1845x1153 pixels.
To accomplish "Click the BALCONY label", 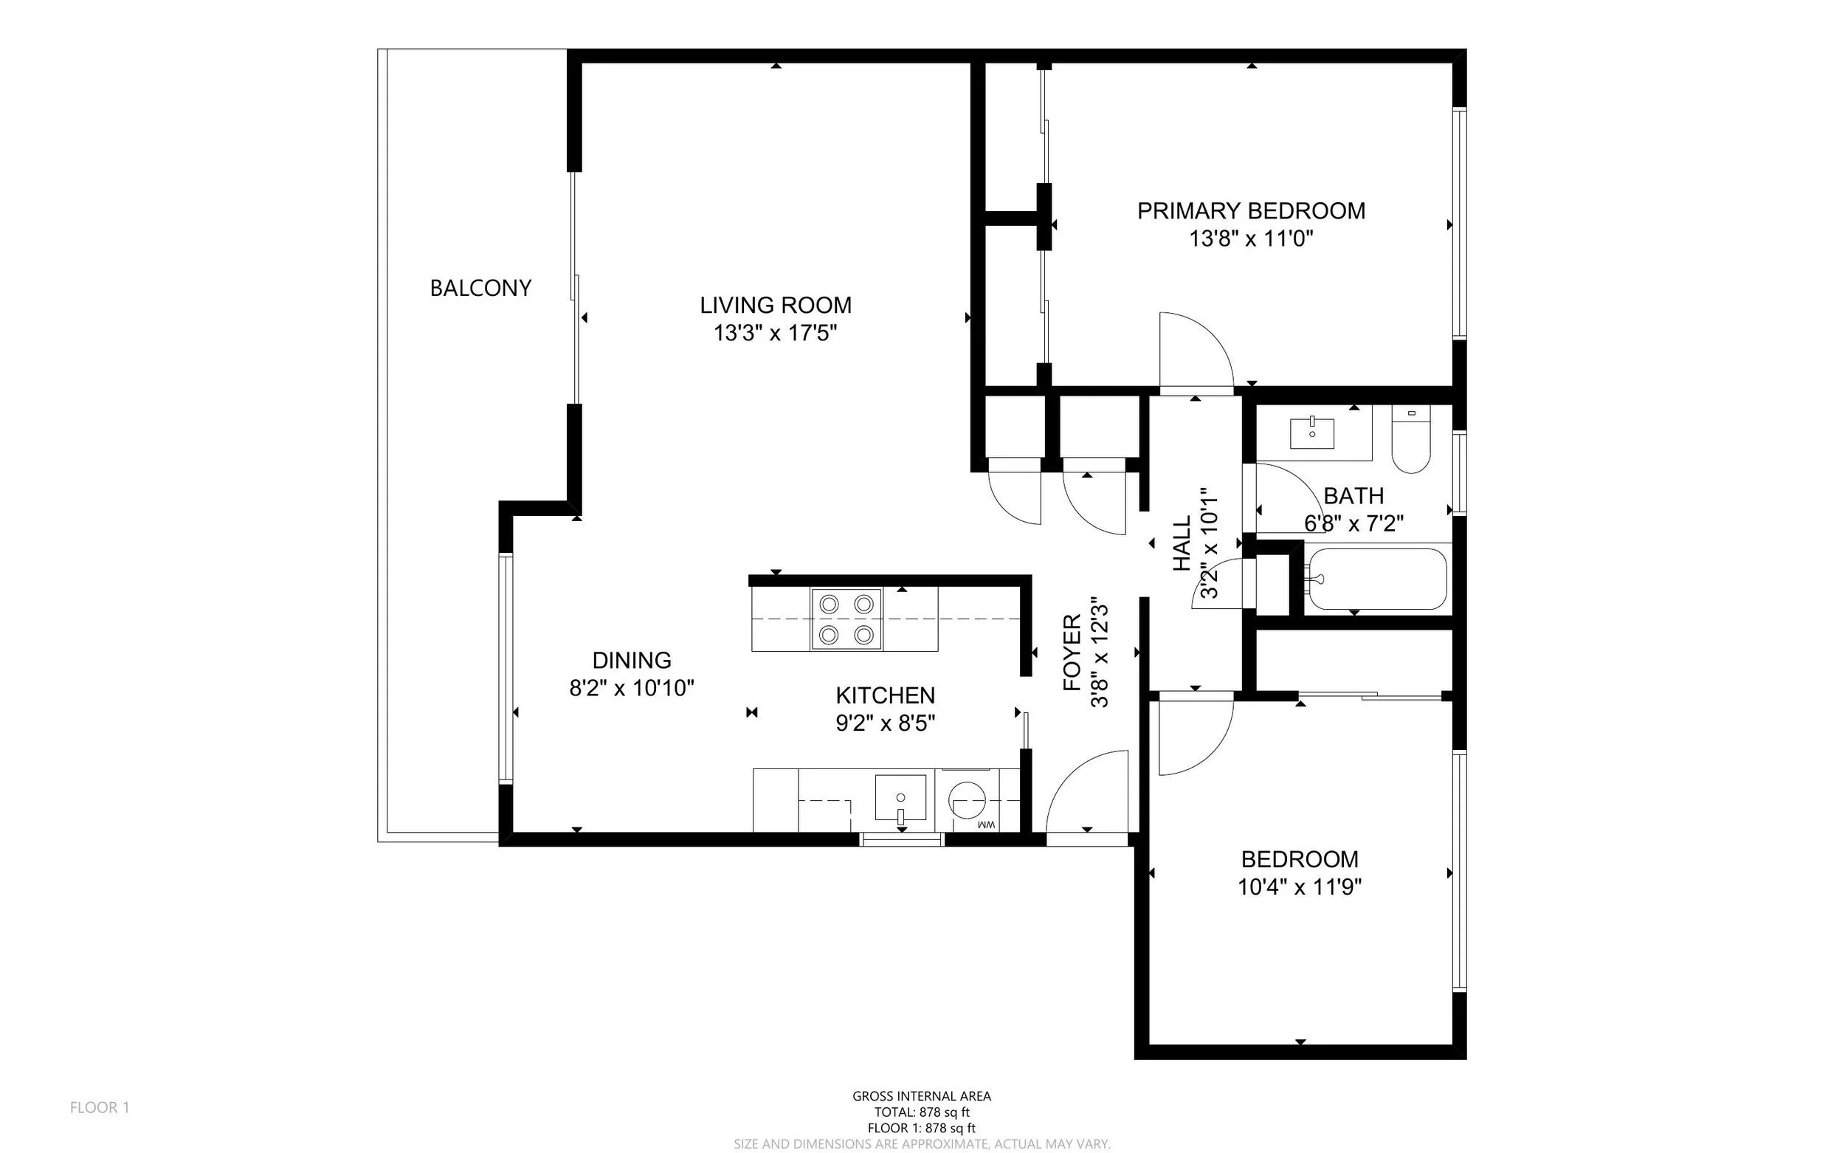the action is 480,288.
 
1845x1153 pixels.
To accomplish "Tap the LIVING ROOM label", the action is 776,305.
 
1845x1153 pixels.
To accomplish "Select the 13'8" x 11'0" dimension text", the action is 1251,239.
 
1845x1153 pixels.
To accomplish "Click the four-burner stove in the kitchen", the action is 846,619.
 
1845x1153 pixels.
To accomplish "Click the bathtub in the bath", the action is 1376,579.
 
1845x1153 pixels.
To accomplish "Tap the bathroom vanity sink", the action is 1312,433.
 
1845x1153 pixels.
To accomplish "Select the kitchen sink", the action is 900,798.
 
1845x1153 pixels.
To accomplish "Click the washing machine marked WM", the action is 978,801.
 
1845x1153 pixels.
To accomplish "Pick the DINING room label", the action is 632,660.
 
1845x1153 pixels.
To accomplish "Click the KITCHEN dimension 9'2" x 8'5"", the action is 885,723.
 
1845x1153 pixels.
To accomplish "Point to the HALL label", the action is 1182,544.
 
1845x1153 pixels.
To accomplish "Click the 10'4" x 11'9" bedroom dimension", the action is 1300,887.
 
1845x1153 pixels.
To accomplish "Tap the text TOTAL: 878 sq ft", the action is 922,1112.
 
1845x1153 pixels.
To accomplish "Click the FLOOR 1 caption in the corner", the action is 100,1107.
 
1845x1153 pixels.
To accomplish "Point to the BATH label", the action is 1353,495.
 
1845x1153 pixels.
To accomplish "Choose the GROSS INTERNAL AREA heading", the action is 922,1097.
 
